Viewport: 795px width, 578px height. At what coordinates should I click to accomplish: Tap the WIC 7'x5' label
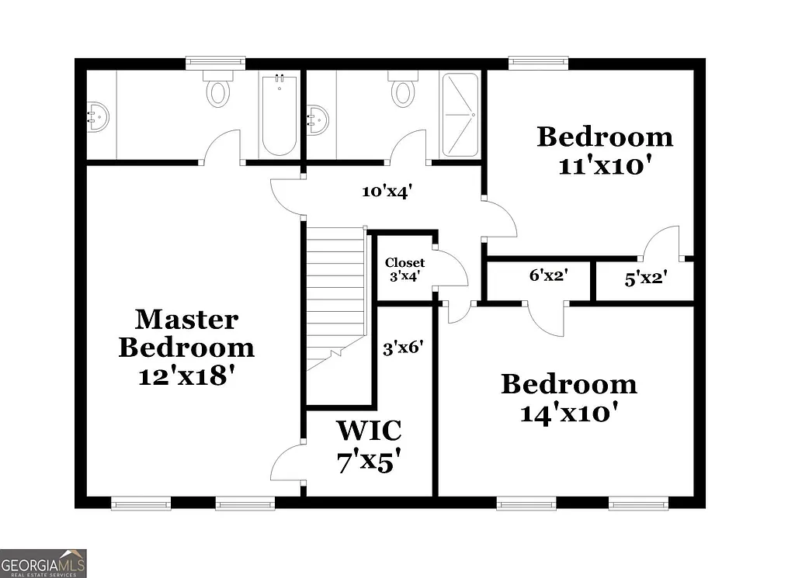tap(369, 446)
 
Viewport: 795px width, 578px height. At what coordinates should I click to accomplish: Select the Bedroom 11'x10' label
tap(605, 151)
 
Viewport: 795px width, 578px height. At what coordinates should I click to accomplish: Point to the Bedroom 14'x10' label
tap(568, 398)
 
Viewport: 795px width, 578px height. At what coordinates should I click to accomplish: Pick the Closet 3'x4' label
tap(404, 268)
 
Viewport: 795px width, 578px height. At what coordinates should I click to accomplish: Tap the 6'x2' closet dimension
tap(549, 275)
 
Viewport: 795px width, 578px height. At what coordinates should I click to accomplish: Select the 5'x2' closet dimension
tap(645, 277)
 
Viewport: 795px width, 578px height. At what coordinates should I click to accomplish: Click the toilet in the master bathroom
tap(218, 90)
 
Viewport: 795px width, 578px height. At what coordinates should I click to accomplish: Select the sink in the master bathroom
tap(96, 117)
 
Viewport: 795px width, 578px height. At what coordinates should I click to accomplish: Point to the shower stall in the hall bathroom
tap(460, 115)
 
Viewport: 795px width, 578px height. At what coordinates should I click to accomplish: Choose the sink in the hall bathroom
tap(318, 120)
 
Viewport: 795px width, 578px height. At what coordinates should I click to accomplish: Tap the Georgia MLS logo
tap(43, 562)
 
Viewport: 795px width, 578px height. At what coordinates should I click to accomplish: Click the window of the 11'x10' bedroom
tap(538, 63)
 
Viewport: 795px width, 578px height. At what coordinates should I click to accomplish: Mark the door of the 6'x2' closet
tap(546, 319)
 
